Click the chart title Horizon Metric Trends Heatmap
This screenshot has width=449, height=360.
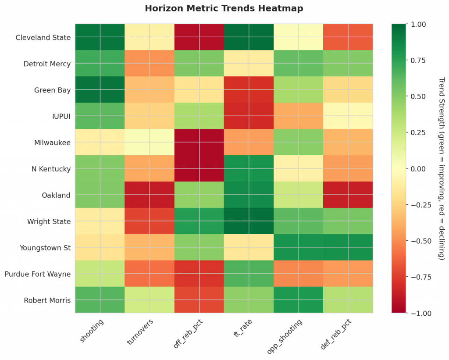[224, 8]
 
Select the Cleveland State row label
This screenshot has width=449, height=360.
[43, 37]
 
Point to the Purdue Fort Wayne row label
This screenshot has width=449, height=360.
[38, 274]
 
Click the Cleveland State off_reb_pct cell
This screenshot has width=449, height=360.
[199, 37]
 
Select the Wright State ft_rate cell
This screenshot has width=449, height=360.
[249, 221]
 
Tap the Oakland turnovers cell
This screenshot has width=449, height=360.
[150, 195]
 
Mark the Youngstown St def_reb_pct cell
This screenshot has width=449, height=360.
[348, 248]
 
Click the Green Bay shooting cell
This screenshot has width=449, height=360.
[100, 90]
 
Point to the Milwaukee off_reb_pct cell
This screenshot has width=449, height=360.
[199, 143]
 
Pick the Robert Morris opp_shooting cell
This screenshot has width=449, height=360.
[299, 300]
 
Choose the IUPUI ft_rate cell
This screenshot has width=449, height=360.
[249, 116]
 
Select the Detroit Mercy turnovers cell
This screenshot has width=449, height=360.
[150, 64]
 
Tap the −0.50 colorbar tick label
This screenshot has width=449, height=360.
[417, 241]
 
